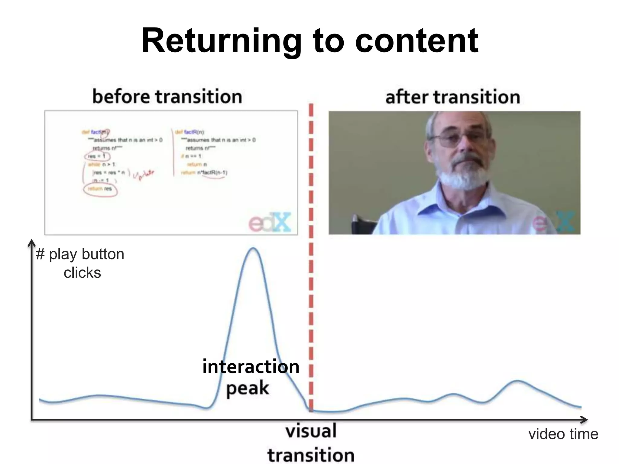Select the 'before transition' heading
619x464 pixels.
click(167, 97)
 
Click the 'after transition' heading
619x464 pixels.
click(452, 97)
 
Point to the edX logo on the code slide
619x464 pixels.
click(270, 222)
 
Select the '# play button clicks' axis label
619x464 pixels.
click(80, 263)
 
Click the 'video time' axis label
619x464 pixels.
click(563, 434)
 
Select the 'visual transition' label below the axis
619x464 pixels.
click(311, 443)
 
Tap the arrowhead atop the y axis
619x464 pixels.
click(31, 243)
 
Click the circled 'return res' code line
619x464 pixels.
click(100, 189)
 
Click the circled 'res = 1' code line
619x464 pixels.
click(97, 156)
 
